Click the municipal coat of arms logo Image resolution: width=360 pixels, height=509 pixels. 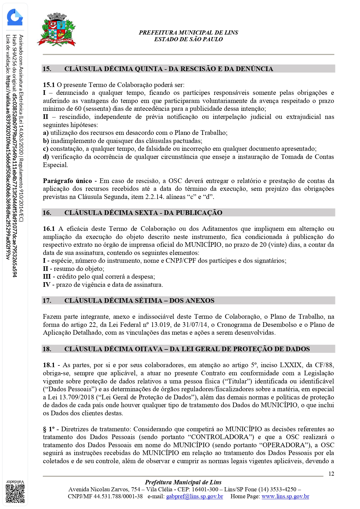pyautogui.click(x=57, y=30)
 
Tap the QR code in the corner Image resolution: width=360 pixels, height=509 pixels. pyautogui.click(x=15, y=494)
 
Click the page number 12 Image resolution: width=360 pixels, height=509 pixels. pyautogui.click(x=331, y=474)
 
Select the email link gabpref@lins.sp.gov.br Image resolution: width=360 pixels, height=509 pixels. pyautogui.click(x=194, y=496)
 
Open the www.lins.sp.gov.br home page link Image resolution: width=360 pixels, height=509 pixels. pyautogui.click(x=285, y=496)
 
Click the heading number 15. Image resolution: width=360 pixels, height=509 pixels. pyautogui.click(x=47, y=69)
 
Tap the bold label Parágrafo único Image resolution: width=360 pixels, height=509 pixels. pyautogui.click(x=67, y=181)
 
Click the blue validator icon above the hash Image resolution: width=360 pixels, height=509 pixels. pyautogui.click(x=15, y=17)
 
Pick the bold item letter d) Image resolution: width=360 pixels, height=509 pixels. pyautogui.click(x=46, y=157)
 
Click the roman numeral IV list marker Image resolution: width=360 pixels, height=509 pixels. pyautogui.click(x=46, y=285)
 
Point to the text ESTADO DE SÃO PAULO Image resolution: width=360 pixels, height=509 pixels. pyautogui.click(x=188, y=39)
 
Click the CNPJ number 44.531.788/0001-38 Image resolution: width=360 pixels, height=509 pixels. pyautogui.click(x=118, y=496)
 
